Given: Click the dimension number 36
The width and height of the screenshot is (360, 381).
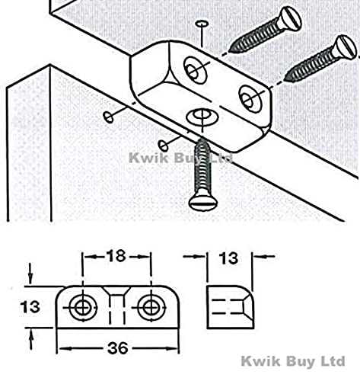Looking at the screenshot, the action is pos(118,348).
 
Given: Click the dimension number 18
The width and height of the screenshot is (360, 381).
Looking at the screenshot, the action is pos(116,256).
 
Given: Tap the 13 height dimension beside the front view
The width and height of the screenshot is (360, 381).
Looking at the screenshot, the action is pos(30,306).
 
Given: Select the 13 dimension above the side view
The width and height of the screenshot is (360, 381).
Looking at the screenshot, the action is pos(228,258).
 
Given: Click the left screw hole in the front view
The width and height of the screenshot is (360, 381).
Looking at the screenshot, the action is pos(83,308).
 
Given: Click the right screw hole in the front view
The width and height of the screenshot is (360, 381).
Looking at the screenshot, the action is pos(151,308).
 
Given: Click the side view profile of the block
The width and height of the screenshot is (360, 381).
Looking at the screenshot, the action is pos(231,308).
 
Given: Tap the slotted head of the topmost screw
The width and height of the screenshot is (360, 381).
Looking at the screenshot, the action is pos(289,19).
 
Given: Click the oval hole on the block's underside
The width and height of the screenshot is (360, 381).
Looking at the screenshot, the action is pos(202,117).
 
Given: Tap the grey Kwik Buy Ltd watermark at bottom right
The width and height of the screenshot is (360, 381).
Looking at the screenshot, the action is pos(293,361).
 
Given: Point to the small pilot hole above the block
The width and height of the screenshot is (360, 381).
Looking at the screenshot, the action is pos(202,24).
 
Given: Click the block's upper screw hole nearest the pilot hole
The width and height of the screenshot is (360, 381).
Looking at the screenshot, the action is pos(196,70).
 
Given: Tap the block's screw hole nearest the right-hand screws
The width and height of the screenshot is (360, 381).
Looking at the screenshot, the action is pos(250,99).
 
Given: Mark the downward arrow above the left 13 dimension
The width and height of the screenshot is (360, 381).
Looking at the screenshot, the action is pos(30,274).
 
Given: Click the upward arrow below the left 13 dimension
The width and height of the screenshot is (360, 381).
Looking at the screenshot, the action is pos(30,341).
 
